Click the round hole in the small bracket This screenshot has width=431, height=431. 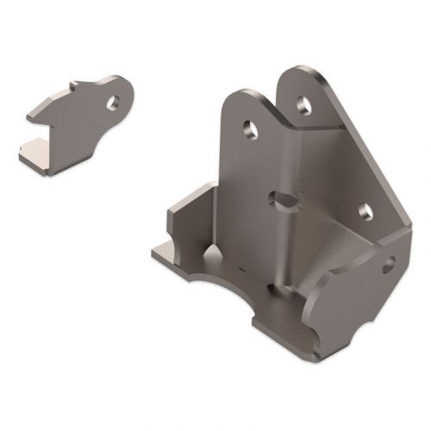click(x=112, y=101)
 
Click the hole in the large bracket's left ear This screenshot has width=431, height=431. click(x=249, y=130)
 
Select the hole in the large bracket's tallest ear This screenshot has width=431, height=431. click(x=302, y=103)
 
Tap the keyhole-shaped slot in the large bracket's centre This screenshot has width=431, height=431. click(x=282, y=200)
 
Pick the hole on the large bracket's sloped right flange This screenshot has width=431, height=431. click(x=363, y=210)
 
